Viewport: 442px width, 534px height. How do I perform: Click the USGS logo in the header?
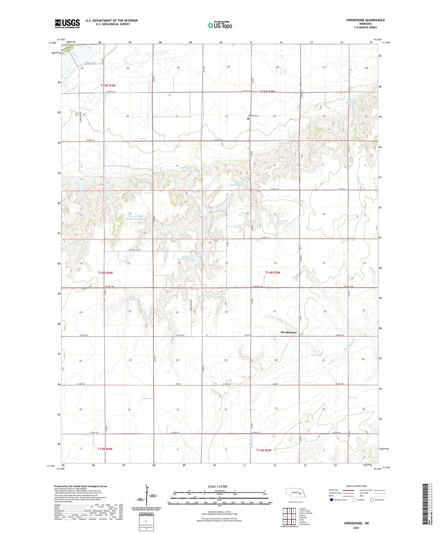67,24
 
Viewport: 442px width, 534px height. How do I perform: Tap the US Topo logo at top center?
220,25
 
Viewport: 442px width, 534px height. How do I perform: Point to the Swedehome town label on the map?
288,332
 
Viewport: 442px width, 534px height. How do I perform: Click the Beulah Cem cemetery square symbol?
248,119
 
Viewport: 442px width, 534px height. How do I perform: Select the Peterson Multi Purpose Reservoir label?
136,216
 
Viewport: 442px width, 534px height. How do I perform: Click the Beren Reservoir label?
132,298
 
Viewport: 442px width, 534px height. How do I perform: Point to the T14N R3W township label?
273,272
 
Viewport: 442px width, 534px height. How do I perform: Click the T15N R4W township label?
108,85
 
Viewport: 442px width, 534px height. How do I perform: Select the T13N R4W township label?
105,449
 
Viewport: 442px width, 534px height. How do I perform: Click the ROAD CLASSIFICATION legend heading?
357,486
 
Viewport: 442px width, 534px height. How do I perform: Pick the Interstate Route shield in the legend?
331,500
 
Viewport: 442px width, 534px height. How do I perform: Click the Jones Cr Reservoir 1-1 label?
283,222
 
